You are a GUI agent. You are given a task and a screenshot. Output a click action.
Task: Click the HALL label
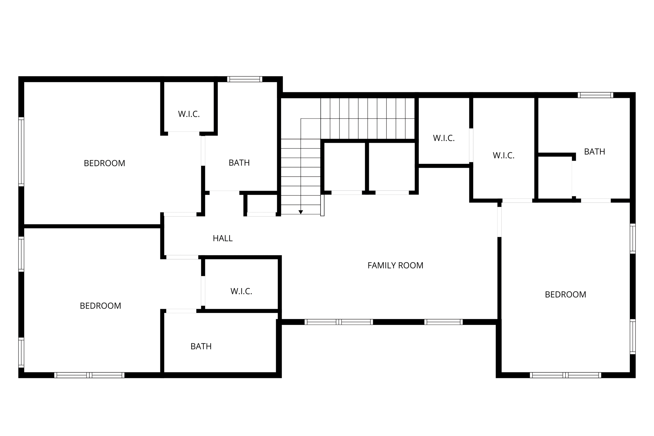tap(223, 238)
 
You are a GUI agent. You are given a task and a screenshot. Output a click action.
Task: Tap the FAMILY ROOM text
tap(395, 265)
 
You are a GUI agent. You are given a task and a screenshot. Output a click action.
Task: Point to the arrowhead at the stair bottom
tap(300, 212)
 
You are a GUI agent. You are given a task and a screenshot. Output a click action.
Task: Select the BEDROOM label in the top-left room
tap(104, 163)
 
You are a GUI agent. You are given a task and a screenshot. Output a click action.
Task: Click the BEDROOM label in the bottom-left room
tap(100, 306)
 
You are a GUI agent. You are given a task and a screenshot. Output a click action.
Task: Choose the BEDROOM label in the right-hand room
tap(565, 294)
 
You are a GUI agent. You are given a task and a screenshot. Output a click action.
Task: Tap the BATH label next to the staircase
tap(239, 163)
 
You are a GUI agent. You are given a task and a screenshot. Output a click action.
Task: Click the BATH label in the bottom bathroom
tap(201, 347)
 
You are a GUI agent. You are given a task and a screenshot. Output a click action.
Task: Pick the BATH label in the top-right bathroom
tap(594, 152)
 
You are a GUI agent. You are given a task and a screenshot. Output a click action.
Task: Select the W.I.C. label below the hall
tap(241, 291)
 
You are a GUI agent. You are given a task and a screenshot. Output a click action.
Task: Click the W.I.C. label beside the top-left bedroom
tap(189, 114)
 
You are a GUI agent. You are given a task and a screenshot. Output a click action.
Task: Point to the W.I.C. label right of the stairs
tap(444, 138)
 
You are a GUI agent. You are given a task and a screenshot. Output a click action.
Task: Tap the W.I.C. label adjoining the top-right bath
tap(503, 156)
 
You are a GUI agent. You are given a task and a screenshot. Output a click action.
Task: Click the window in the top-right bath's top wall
tap(595, 95)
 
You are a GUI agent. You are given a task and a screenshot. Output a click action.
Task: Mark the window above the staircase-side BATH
tap(245, 79)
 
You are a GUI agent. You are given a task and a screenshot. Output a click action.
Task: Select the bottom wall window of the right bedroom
tap(565, 375)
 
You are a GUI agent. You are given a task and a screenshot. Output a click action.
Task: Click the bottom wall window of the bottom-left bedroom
tap(89, 375)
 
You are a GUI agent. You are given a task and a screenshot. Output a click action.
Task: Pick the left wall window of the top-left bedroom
tap(21, 151)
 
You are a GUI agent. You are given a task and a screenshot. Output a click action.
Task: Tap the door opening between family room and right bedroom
tap(499, 222)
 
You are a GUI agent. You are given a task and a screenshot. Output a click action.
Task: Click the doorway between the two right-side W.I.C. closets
tap(471, 145)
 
